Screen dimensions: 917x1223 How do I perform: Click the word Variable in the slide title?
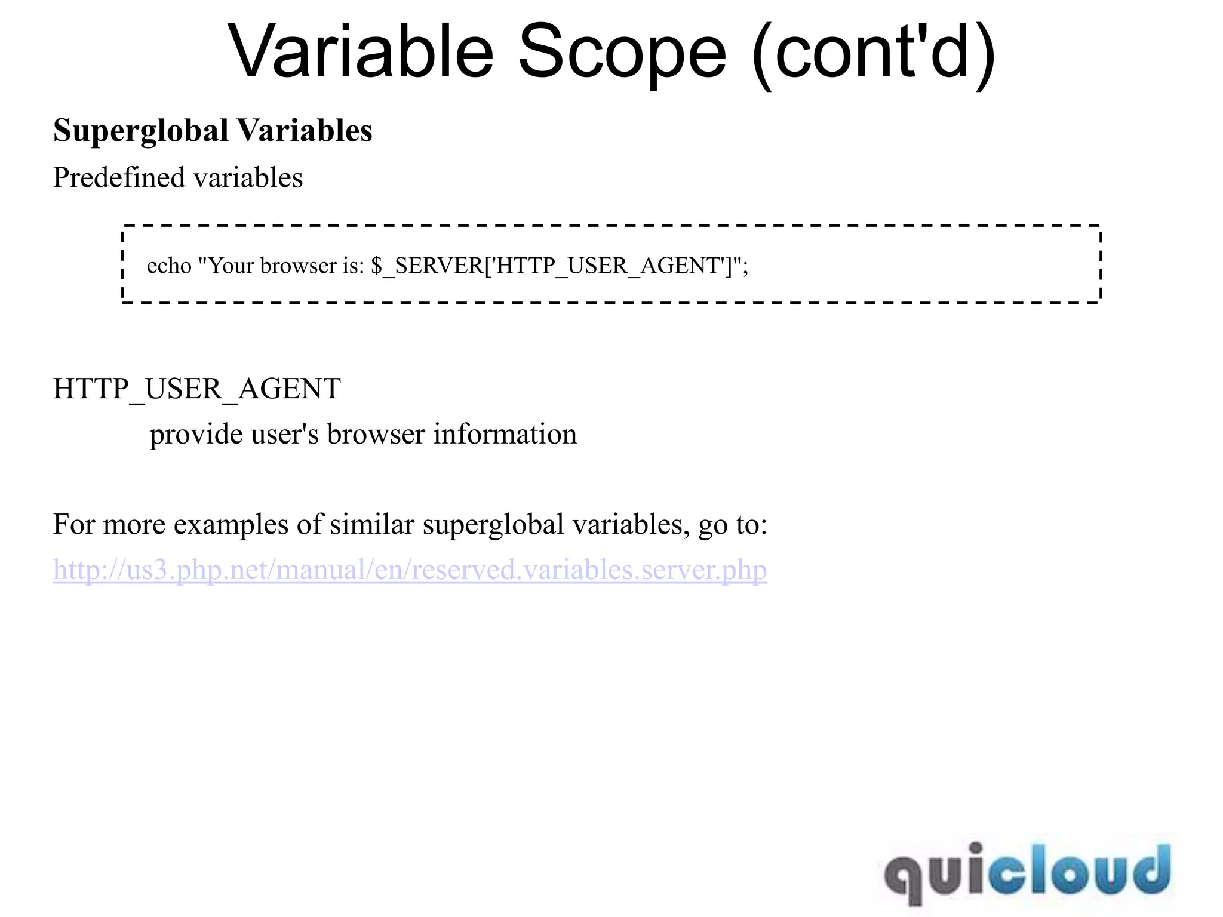361,53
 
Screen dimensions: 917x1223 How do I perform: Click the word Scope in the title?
622,53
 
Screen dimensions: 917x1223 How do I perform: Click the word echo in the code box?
169,266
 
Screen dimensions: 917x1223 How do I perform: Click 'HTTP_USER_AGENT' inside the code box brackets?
609,266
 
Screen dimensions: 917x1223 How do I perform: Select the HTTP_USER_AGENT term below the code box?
196,389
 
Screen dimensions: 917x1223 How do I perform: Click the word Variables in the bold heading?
305,131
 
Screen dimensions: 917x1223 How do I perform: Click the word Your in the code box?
231,266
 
